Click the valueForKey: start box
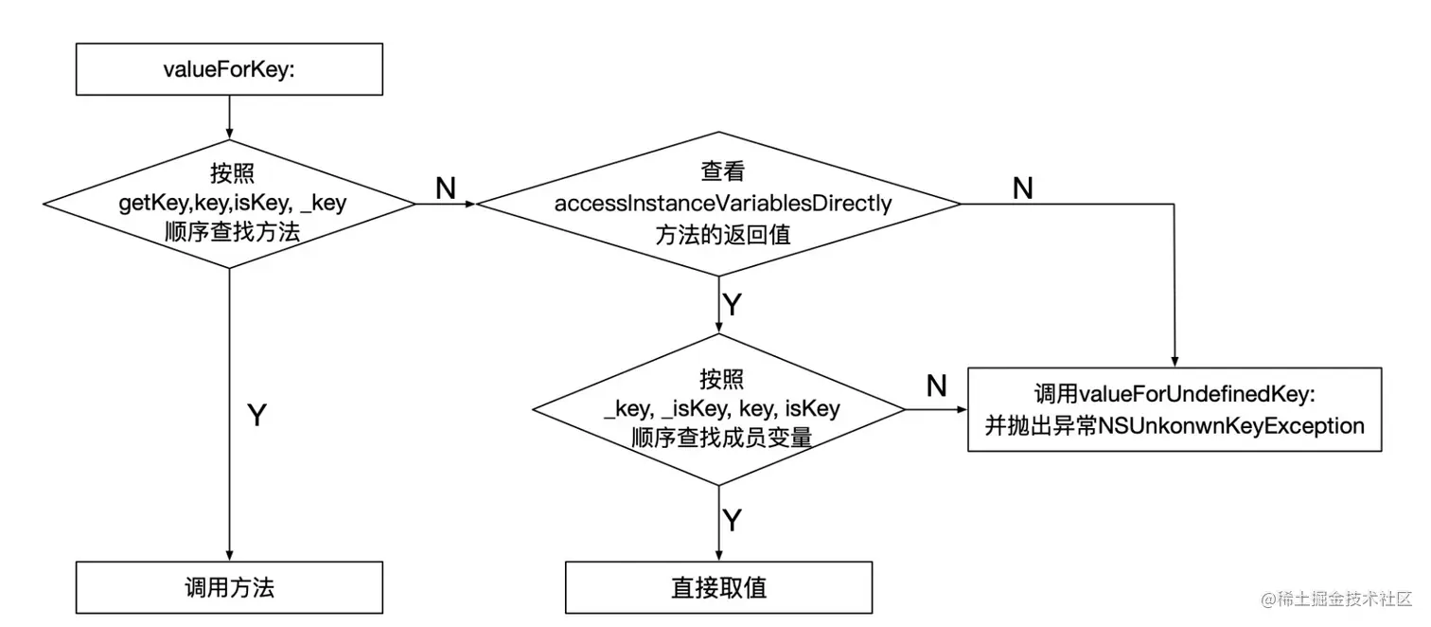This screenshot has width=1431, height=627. point(229,69)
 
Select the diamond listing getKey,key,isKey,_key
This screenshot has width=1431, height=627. point(229,204)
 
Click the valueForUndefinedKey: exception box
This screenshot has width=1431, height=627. point(1175,409)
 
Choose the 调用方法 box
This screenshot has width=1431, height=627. point(229,587)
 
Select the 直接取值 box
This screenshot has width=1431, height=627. point(719,587)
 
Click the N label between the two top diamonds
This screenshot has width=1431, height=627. point(446,188)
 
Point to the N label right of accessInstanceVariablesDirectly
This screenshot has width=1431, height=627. point(1022,188)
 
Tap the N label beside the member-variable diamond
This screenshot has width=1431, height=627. point(936,385)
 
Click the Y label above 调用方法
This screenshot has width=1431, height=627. point(256,415)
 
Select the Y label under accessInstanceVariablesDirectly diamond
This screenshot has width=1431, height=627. point(732,304)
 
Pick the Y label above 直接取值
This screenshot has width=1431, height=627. point(732,520)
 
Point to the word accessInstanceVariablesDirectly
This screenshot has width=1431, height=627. point(723,204)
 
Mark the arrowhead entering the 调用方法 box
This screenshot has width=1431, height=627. point(229,556)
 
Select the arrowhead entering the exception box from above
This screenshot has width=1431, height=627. point(1175,361)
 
